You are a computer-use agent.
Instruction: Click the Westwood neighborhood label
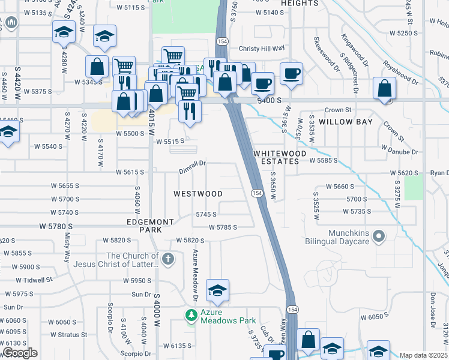point(198,194)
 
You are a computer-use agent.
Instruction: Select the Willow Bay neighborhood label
point(346,122)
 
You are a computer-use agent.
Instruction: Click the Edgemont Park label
point(150,226)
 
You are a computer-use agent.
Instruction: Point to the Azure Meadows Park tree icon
point(191,315)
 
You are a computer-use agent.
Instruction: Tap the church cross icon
point(168,260)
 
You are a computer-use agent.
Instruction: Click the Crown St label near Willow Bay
point(338,110)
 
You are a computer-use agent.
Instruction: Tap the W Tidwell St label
point(34,280)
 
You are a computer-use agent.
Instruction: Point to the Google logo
point(20,353)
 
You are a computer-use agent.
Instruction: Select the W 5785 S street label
point(223,227)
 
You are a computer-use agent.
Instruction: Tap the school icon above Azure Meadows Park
point(217,291)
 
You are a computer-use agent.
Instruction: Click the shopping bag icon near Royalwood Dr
point(384,89)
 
